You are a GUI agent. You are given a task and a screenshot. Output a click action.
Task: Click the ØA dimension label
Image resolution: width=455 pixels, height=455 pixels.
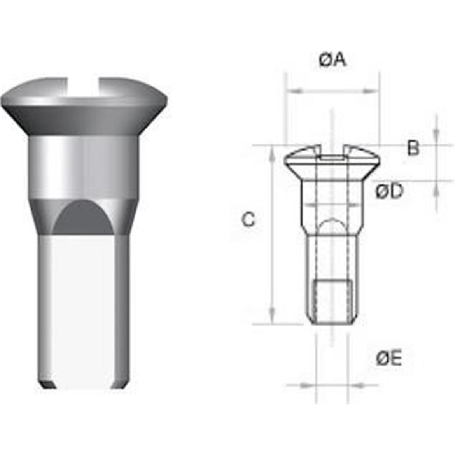pos(332,60)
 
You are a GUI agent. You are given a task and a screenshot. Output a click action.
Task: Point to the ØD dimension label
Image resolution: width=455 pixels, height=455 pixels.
pos(389,191)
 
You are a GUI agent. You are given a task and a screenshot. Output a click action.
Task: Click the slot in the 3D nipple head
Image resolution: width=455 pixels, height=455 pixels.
pos(84,84)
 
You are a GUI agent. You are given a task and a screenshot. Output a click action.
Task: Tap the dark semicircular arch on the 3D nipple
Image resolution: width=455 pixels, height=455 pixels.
pos(83,218)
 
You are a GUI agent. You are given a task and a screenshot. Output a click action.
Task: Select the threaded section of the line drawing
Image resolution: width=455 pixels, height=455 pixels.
pos(333,302)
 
